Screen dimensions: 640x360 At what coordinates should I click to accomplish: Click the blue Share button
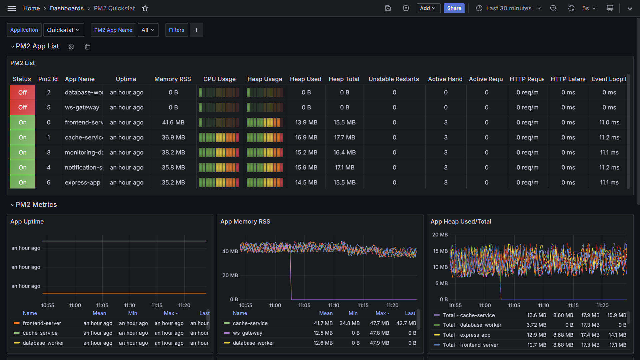point(454,8)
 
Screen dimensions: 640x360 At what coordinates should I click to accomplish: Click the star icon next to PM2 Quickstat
point(145,8)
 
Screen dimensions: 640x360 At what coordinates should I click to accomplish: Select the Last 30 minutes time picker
point(509,8)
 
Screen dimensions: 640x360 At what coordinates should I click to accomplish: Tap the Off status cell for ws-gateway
point(22,107)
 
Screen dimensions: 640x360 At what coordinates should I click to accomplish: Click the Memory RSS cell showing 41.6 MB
point(173,122)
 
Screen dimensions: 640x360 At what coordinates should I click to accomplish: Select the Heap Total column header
point(344,79)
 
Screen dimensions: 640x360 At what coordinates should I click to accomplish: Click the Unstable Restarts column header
point(394,79)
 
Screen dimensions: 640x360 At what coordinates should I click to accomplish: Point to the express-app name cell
point(83,183)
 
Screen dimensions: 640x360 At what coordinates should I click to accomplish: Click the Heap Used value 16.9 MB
point(306,137)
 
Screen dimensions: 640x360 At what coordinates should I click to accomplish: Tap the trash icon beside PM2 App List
point(87,47)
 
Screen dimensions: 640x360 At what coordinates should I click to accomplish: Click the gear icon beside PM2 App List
point(71,47)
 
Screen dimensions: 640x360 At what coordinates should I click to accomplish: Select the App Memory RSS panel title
point(245,222)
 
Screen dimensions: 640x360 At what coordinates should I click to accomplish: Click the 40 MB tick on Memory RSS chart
point(230,251)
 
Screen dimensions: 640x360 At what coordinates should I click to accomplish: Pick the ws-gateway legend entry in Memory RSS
point(247,333)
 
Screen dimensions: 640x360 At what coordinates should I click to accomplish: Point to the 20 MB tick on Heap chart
point(440,235)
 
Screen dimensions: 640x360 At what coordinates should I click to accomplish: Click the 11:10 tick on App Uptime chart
point(130,305)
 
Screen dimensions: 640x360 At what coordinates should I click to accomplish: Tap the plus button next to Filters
point(196,30)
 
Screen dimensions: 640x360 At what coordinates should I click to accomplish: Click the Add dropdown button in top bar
point(428,8)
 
